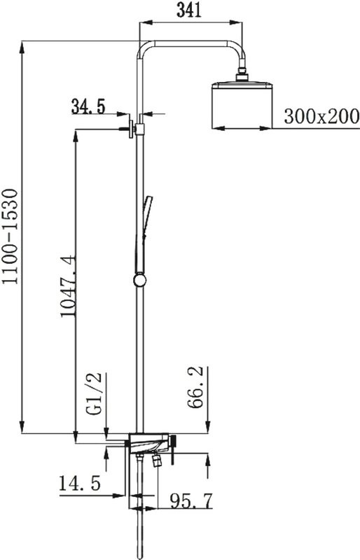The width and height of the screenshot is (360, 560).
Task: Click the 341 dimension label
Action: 189,10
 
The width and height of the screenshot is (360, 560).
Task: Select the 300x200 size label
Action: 321,116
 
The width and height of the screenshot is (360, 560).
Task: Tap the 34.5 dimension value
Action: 88,106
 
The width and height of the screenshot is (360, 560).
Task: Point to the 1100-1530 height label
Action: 10,236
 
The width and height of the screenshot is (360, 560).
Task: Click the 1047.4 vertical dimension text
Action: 68,286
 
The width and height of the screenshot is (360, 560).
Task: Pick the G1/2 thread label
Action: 95,394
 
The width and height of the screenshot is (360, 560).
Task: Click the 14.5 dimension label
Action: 80,484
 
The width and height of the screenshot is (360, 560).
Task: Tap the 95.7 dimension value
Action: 191,500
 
